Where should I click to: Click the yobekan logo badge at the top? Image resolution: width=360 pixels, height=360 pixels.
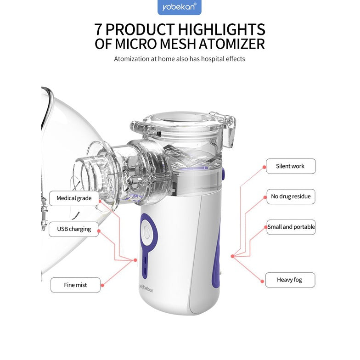pos(179,7)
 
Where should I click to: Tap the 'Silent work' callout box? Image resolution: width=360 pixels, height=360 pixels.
pos(291,166)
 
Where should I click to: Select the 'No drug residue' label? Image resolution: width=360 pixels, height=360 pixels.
pos(291,197)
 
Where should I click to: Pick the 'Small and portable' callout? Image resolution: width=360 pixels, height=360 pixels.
pos(291,227)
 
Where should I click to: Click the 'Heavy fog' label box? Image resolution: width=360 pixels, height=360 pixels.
pos(290,280)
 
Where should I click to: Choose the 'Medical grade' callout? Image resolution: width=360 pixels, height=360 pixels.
pos(74,198)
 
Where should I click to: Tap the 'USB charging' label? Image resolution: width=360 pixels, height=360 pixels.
pos(73,229)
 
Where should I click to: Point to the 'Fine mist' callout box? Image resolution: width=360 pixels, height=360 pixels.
pos(75,285)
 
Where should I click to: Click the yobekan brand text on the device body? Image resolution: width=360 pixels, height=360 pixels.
pos(146,288)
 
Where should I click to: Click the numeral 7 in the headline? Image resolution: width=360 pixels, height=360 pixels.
pos(98,29)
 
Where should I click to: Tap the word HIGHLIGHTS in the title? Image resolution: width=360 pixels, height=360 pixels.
pos(221,29)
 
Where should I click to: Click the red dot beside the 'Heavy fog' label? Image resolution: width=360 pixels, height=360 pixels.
pos(262,281)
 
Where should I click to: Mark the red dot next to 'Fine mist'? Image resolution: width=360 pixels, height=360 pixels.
pos(102,285)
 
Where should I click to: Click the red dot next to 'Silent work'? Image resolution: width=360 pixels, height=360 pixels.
pos(264,167)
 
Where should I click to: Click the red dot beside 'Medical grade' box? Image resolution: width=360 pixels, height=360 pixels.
pos(100,201)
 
